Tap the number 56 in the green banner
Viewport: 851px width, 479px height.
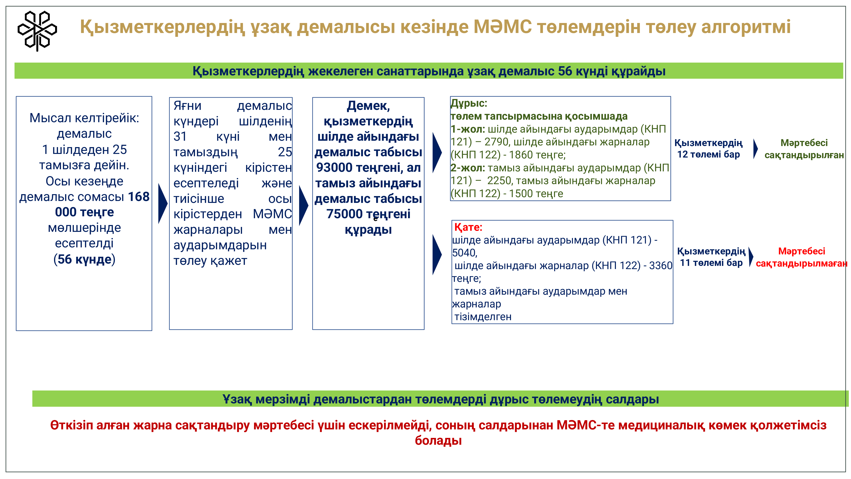(x=565, y=71)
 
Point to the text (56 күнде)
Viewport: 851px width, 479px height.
(x=84, y=259)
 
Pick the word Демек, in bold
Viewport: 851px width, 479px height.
(x=368, y=106)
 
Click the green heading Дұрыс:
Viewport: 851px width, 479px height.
(x=469, y=103)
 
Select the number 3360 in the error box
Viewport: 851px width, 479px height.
(x=661, y=265)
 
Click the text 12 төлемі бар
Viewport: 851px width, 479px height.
(x=709, y=154)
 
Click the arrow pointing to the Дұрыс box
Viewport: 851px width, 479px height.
(x=437, y=152)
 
